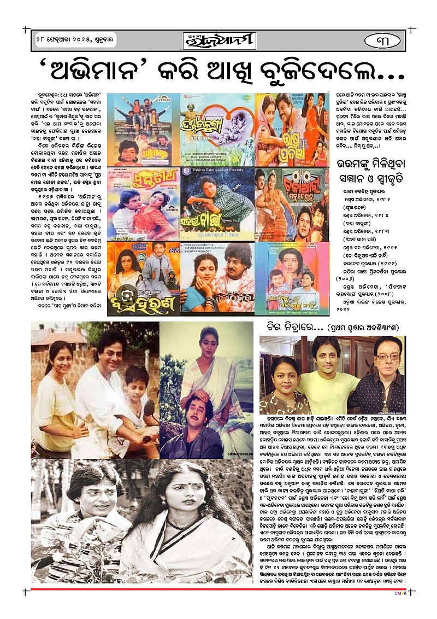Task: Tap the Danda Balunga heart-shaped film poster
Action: tap(218, 129)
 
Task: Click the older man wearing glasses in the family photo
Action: tap(383, 377)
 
